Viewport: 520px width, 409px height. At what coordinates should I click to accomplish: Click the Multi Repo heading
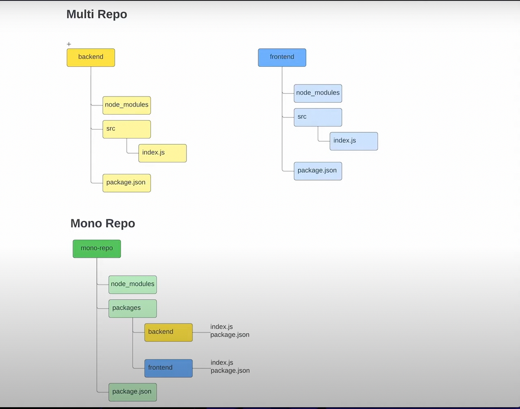coord(97,14)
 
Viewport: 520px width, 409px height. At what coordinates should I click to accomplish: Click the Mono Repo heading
coord(103,224)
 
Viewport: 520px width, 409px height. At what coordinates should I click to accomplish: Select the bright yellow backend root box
coord(91,57)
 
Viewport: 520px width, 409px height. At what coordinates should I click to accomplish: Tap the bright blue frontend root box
coord(282,57)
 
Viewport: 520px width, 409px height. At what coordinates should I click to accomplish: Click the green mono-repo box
coord(97,249)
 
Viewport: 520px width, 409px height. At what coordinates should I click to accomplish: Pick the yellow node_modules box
coord(127,105)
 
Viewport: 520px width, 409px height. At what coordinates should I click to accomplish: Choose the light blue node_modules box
coord(318,93)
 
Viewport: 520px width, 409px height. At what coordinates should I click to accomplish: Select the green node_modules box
coord(132,284)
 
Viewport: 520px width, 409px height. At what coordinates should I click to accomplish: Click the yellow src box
coord(127,129)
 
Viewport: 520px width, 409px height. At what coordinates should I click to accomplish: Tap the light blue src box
coord(318,117)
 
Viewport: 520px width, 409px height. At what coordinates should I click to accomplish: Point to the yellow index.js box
coord(162,153)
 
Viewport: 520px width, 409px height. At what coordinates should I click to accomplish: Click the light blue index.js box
coord(354,141)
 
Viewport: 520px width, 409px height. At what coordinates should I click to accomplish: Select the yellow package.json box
coord(127,183)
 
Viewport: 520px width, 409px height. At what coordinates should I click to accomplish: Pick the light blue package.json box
coord(318,171)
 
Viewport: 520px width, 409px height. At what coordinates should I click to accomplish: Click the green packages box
coord(132,308)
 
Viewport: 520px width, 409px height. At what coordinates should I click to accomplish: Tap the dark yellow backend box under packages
coord(168,332)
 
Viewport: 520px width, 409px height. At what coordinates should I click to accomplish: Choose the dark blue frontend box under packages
coord(168,368)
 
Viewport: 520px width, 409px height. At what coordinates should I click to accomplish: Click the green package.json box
coord(132,392)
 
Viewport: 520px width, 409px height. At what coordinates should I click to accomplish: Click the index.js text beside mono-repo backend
coord(221,327)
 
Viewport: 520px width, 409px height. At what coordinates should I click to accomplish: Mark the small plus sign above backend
coord(69,44)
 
